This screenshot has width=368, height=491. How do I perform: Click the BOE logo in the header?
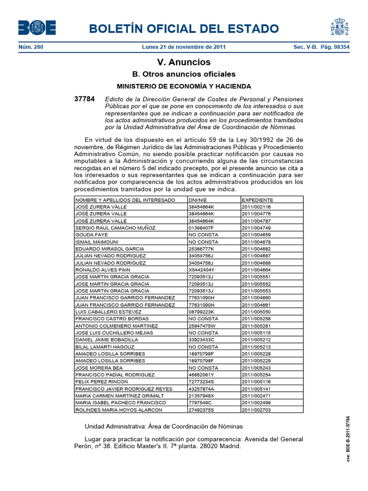(x=37, y=27)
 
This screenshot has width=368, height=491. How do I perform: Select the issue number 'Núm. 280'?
(x=30, y=47)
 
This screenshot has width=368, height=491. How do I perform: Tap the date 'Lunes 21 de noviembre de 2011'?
(x=184, y=47)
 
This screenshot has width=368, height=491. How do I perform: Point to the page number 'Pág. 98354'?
(x=333, y=47)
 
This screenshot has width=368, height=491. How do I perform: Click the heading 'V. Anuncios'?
(x=184, y=62)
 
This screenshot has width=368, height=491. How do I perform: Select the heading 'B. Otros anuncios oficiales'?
(x=184, y=74)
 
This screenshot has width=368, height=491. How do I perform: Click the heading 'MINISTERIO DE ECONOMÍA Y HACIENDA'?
(x=184, y=86)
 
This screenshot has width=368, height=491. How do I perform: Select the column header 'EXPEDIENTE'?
(x=257, y=200)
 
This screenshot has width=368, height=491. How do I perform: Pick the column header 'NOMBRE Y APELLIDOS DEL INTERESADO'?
(x=126, y=200)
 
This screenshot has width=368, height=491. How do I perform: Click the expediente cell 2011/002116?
(x=256, y=207)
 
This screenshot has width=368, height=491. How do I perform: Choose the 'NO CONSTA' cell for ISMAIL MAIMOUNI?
(x=203, y=242)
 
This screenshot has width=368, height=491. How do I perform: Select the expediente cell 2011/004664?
(x=256, y=270)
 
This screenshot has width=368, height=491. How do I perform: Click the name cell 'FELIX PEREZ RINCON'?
(x=102, y=382)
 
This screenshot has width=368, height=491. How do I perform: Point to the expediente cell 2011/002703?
(x=256, y=410)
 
